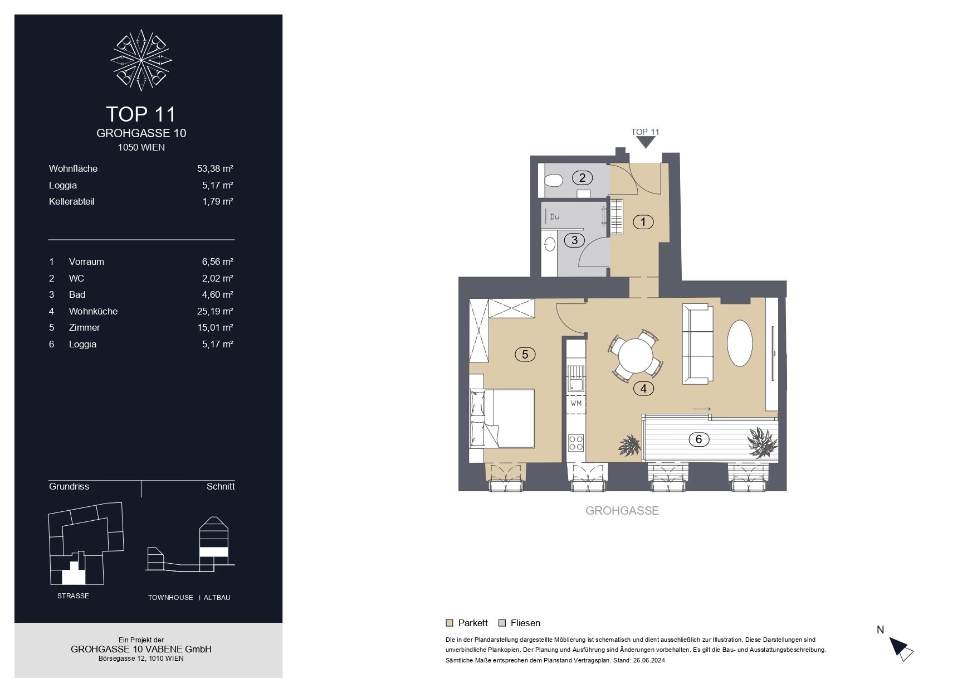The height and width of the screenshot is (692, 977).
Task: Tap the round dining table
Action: point(636,356)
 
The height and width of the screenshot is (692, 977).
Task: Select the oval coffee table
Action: point(740,343)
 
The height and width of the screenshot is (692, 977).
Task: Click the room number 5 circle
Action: point(525,354)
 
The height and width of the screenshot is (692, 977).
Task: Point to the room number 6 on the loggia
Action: point(699,439)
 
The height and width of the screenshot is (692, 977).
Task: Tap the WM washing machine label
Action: point(576,403)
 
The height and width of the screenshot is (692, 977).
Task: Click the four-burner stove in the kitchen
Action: point(576,443)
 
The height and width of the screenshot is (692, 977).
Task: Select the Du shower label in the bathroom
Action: point(555,217)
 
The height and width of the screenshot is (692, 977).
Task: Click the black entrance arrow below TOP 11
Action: point(646,143)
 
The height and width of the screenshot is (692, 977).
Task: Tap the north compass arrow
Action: point(901,649)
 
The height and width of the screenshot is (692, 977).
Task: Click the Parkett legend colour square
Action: point(450,623)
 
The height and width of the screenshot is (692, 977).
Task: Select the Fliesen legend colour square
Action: point(502,623)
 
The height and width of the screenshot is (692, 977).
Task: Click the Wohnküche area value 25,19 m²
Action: point(215,311)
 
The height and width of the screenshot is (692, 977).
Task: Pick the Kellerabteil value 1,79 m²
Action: point(218,201)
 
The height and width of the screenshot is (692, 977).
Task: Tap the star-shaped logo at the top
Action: point(141,60)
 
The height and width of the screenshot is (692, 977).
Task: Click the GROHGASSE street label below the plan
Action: point(622,510)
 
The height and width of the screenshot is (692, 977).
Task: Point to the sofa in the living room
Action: point(697,343)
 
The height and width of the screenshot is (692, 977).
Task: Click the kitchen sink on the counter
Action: point(576,384)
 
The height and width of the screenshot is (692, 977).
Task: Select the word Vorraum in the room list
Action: point(86,262)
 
